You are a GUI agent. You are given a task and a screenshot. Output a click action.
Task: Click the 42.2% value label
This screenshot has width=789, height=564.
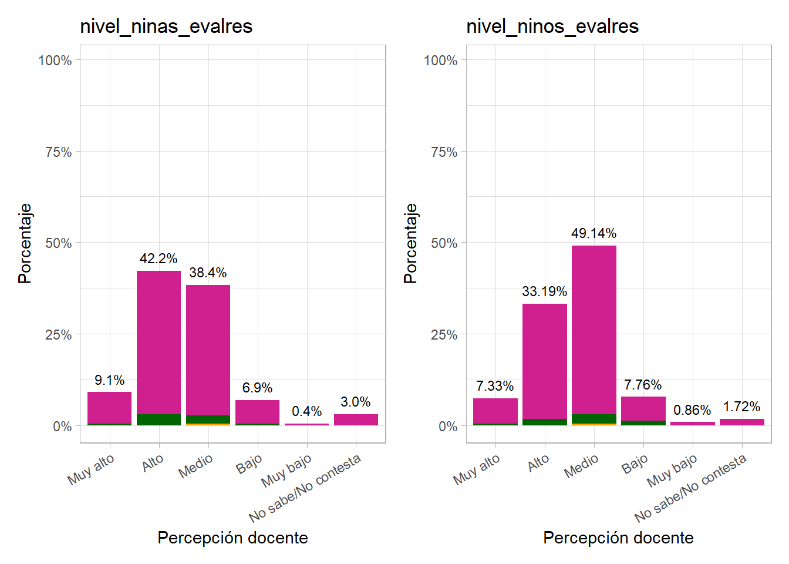(x=159, y=258)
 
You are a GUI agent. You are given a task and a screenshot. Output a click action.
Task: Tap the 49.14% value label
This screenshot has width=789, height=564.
(x=594, y=233)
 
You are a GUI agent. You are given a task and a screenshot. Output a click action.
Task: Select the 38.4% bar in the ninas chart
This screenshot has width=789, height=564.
(x=208, y=352)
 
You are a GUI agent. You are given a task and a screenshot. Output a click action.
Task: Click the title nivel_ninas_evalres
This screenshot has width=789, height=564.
(x=166, y=26)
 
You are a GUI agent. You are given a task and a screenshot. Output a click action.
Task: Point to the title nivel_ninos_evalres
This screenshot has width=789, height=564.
(x=552, y=26)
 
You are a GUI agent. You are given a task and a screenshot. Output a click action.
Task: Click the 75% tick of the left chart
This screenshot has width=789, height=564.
(x=58, y=152)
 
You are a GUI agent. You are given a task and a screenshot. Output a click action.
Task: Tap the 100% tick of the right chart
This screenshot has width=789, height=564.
(x=440, y=61)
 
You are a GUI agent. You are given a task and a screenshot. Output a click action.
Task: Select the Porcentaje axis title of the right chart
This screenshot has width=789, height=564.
(x=410, y=243)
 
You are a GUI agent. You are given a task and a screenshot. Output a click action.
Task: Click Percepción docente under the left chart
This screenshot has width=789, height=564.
(x=232, y=538)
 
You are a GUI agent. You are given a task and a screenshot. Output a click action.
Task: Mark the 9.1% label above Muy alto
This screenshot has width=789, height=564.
(x=109, y=380)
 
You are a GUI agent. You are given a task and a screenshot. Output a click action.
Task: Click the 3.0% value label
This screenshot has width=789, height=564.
(x=356, y=402)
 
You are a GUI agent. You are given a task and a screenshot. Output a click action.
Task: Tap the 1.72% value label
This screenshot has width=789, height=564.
(x=741, y=407)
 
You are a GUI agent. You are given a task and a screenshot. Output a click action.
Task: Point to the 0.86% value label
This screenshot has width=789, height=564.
(x=692, y=410)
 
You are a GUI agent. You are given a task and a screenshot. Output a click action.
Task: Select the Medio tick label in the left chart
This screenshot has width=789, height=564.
(x=196, y=466)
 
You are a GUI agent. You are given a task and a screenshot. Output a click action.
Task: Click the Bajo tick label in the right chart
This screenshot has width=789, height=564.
(x=635, y=465)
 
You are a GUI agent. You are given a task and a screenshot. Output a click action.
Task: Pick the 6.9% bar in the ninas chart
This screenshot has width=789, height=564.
(x=257, y=412)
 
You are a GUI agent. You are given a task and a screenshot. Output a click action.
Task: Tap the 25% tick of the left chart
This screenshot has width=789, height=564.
(x=58, y=335)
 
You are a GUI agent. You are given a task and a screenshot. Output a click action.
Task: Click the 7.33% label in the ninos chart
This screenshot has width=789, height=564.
(x=495, y=386)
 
